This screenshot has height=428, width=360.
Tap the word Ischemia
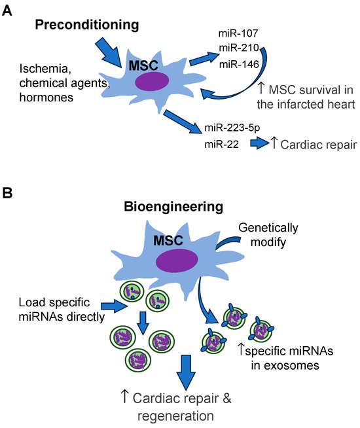[x=43, y=68]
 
